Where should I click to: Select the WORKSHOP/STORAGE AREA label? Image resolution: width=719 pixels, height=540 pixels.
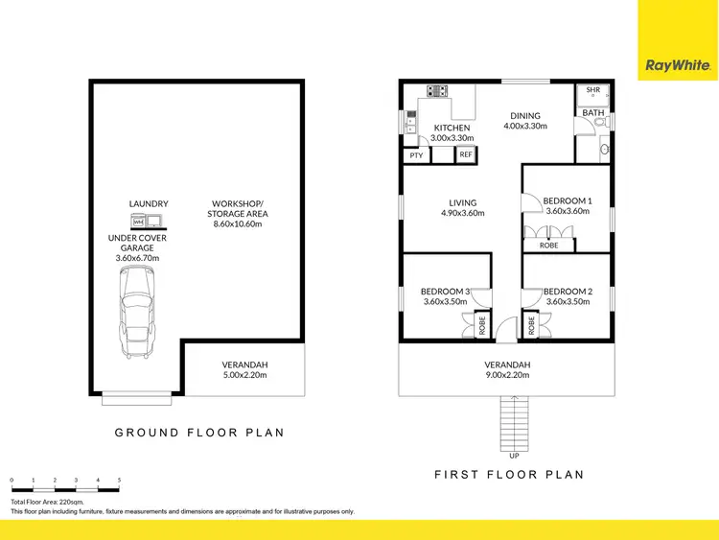tap(240, 208)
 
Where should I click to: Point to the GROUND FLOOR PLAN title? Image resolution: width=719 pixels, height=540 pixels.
tap(199, 433)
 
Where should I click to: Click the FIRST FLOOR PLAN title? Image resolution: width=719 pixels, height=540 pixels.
tap(509, 474)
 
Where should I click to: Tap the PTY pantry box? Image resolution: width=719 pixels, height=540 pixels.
tap(416, 154)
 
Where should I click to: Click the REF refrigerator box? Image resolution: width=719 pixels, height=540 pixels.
tap(465, 154)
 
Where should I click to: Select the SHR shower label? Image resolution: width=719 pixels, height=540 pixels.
tap(592, 90)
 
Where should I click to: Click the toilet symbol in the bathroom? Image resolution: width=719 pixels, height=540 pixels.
tap(604, 150)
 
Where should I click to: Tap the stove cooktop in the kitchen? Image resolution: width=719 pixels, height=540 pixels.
tap(438, 92)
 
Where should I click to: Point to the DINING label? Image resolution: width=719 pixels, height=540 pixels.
tap(525, 113)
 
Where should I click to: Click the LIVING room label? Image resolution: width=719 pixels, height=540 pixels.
tap(463, 202)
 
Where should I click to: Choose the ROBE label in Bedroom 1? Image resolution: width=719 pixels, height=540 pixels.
tap(549, 246)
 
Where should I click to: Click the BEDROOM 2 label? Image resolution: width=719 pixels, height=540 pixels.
tap(568, 292)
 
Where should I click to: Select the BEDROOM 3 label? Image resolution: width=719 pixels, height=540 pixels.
tap(445, 292)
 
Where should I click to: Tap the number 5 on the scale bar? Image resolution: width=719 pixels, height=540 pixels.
tap(119, 479)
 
